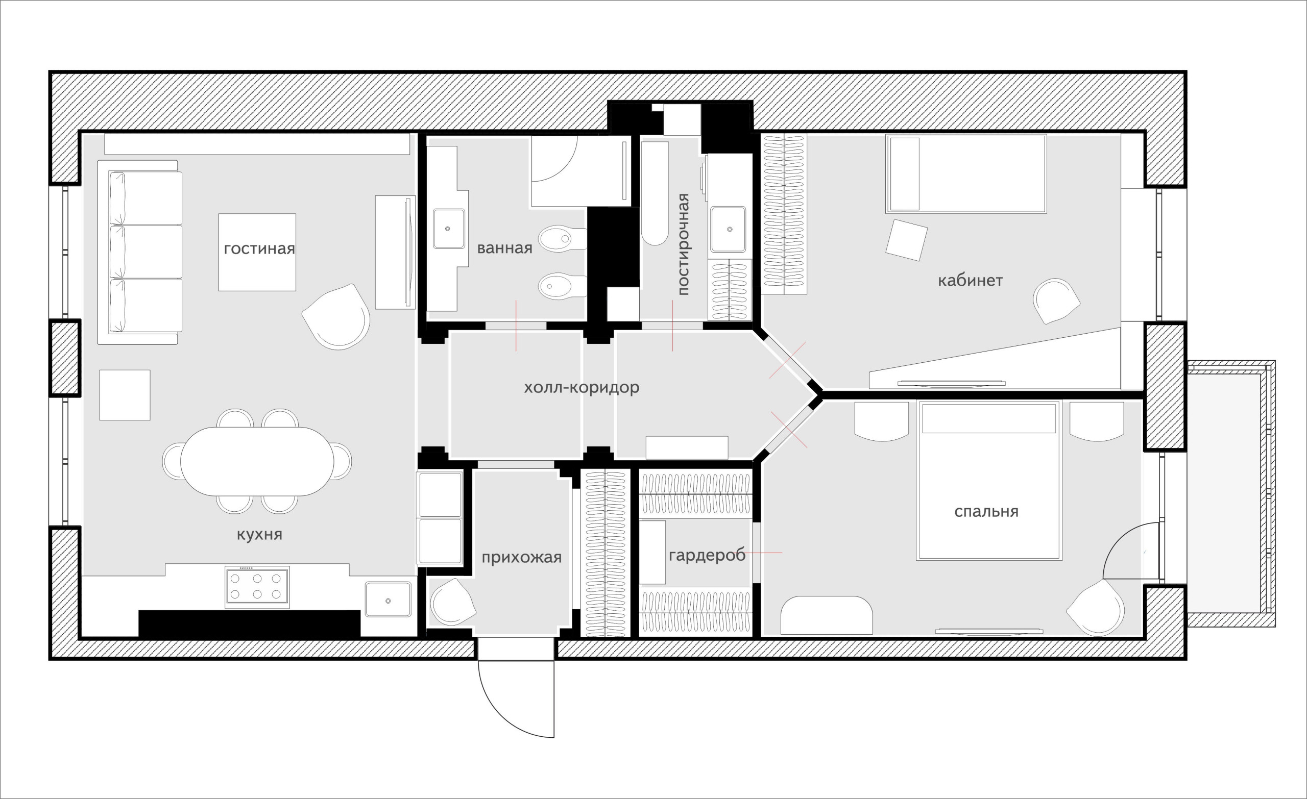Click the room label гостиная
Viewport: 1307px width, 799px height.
pyautogui.click(x=259, y=248)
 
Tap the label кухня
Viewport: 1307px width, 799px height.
pyautogui.click(x=259, y=534)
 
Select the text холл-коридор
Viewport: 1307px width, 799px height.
pyautogui.click(x=582, y=388)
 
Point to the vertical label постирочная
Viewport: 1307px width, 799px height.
pyautogui.click(x=683, y=244)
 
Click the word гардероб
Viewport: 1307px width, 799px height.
pyautogui.click(x=707, y=555)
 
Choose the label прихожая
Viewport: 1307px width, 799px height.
pyautogui.click(x=521, y=557)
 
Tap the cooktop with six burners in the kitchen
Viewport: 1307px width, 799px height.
pyautogui.click(x=257, y=587)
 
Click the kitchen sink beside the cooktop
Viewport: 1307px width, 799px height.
pyautogui.click(x=388, y=600)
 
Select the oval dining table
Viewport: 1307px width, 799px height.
pyautogui.click(x=257, y=461)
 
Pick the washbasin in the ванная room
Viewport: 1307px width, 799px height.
pyautogui.click(x=449, y=229)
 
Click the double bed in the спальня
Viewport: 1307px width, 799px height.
pyautogui.click(x=989, y=480)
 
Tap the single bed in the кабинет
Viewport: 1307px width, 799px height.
pyautogui.click(x=965, y=174)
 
